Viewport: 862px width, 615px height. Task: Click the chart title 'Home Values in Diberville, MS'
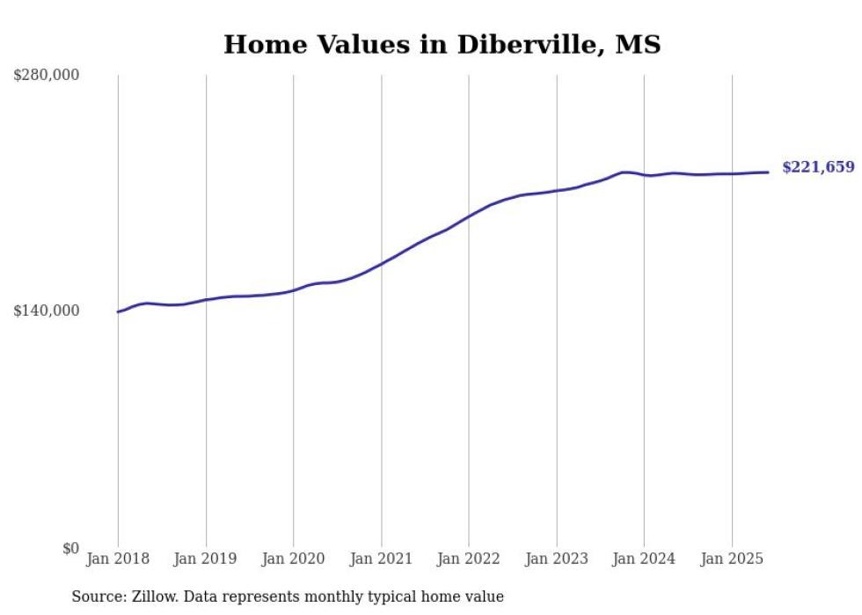pos(442,44)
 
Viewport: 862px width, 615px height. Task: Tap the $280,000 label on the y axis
pos(47,75)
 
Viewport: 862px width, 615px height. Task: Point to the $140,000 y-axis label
pos(47,311)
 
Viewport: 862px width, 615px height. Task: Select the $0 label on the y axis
pos(70,548)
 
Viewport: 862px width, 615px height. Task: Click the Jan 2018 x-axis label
pos(118,559)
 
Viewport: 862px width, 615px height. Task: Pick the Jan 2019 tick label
pos(206,559)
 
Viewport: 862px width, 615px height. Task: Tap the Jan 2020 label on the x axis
pos(294,559)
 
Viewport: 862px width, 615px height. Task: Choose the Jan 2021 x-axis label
pos(381,559)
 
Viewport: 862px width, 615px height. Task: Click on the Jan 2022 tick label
pos(469,559)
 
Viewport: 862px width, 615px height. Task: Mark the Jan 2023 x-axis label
pos(557,559)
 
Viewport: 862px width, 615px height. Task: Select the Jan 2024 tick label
pos(644,559)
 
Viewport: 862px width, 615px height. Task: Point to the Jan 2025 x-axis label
pos(732,559)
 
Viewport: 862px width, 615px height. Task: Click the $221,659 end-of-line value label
pos(817,167)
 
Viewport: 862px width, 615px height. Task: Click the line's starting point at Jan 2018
pos(118,311)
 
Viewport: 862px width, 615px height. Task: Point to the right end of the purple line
pos(768,172)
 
